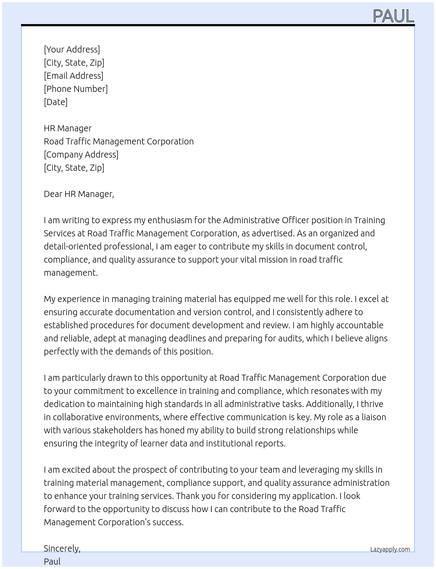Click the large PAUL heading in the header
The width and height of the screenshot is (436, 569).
pyautogui.click(x=393, y=16)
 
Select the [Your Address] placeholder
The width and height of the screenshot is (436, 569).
pyautogui.click(x=72, y=49)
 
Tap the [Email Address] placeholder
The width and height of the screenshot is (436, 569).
pyautogui.click(x=74, y=76)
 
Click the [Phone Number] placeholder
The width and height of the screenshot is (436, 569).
pyautogui.click(x=76, y=89)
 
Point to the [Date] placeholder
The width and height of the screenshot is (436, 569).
pyautogui.click(x=56, y=102)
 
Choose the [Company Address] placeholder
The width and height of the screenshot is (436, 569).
pyautogui.click(x=81, y=155)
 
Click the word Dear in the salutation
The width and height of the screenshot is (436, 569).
pyautogui.click(x=53, y=194)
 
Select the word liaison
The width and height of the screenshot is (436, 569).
pyautogui.click(x=374, y=417)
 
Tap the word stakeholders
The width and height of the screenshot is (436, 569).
pyautogui.click(x=105, y=430)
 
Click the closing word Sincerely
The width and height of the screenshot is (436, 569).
pyautogui.click(x=62, y=548)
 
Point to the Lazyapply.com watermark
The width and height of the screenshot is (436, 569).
pyautogui.click(x=390, y=549)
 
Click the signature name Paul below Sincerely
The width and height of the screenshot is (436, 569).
pyautogui.click(x=52, y=562)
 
